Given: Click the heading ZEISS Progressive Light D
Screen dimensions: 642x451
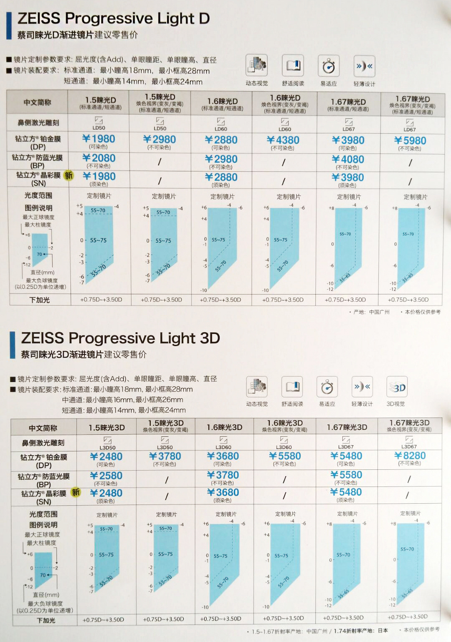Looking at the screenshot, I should tap(113, 19).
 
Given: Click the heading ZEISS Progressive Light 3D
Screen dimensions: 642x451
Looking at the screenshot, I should tap(120, 338).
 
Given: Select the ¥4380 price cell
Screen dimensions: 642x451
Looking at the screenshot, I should tap(283, 140).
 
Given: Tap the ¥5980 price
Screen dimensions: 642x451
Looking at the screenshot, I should tap(410, 141).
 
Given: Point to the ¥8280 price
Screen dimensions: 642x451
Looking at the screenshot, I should tap(410, 456).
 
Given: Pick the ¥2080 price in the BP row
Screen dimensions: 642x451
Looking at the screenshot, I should tap(99, 158).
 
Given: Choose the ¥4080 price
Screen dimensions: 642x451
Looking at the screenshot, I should tap(348, 160).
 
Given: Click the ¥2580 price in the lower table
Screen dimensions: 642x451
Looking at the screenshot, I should tap(106, 476).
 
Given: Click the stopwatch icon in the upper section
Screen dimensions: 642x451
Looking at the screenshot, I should tap(329, 66).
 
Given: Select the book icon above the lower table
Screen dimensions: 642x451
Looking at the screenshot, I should tap(292, 387).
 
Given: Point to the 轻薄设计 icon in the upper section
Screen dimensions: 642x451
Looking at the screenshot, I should tap(364, 66).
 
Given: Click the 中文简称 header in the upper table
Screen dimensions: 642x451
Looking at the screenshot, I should tap(38, 102).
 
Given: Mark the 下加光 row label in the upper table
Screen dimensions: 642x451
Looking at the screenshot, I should tap(40, 300).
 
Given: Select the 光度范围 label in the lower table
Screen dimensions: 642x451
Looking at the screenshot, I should tap(43, 514).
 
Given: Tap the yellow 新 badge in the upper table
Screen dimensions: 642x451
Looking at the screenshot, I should tap(68, 176).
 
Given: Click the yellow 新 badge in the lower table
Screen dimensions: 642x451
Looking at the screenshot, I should tap(76, 492).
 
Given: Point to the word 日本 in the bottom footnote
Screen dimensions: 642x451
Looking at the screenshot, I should tap(383, 630).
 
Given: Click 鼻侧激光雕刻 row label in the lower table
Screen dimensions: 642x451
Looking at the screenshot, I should tap(43, 443).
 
